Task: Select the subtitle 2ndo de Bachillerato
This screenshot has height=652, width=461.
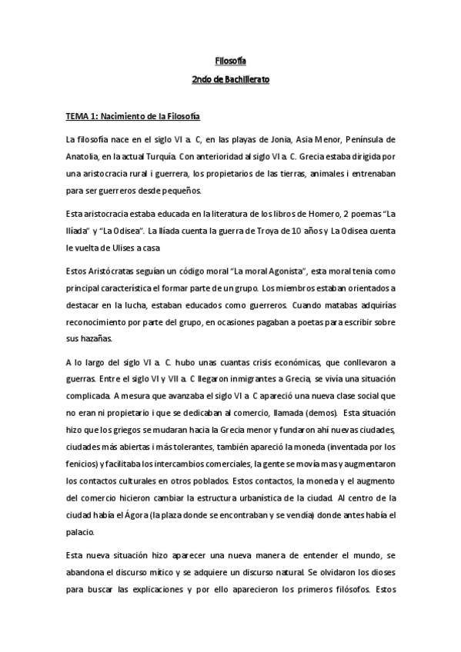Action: pyautogui.click(x=230, y=79)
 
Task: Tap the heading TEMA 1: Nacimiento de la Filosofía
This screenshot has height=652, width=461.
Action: pyautogui.click(x=132, y=117)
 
